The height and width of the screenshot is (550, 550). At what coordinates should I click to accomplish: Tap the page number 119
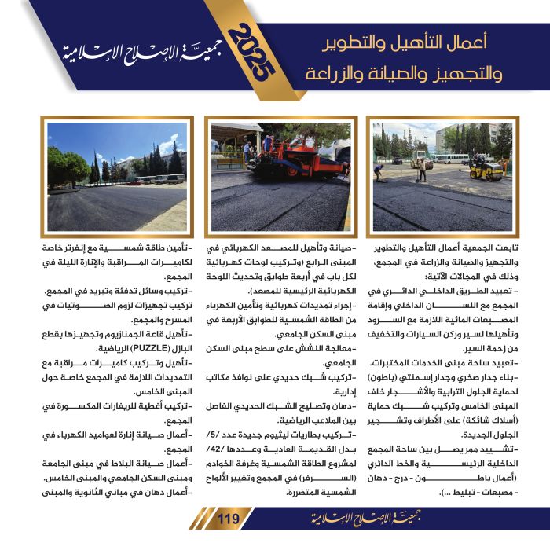tap(228, 518)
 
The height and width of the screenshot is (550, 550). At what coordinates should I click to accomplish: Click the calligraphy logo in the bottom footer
tap(329, 519)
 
